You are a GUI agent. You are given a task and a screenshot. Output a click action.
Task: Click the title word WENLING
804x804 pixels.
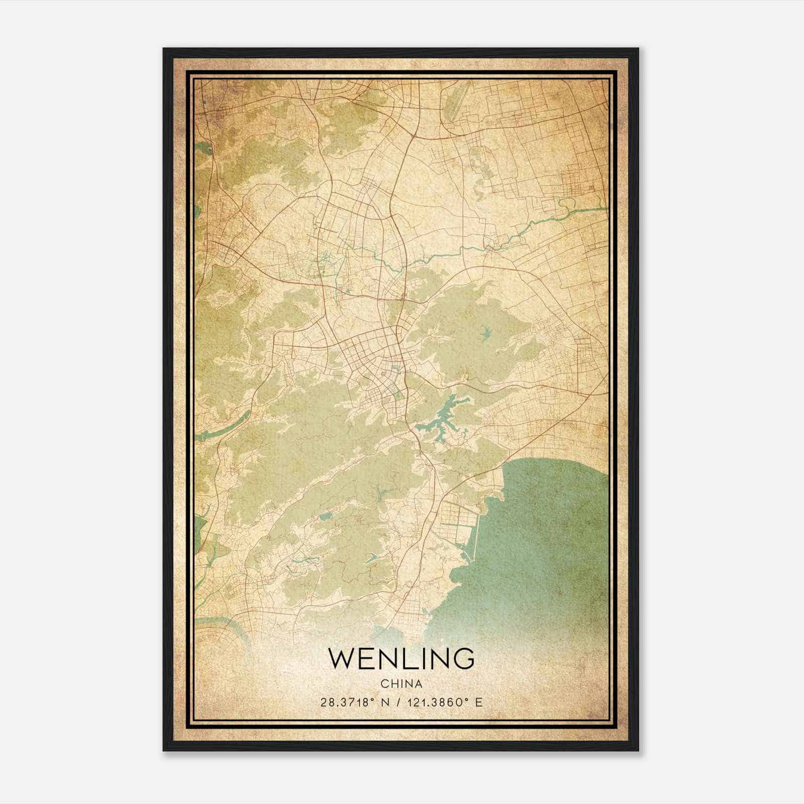point(401,658)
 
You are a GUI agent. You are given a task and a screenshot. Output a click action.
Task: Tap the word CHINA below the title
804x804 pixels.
point(401,684)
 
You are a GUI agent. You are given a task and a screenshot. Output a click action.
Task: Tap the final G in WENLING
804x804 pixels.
point(464,658)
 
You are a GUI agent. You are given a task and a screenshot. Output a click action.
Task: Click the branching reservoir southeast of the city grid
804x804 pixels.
point(445,417)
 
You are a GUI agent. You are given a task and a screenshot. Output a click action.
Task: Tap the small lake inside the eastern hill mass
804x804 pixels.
point(485,331)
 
